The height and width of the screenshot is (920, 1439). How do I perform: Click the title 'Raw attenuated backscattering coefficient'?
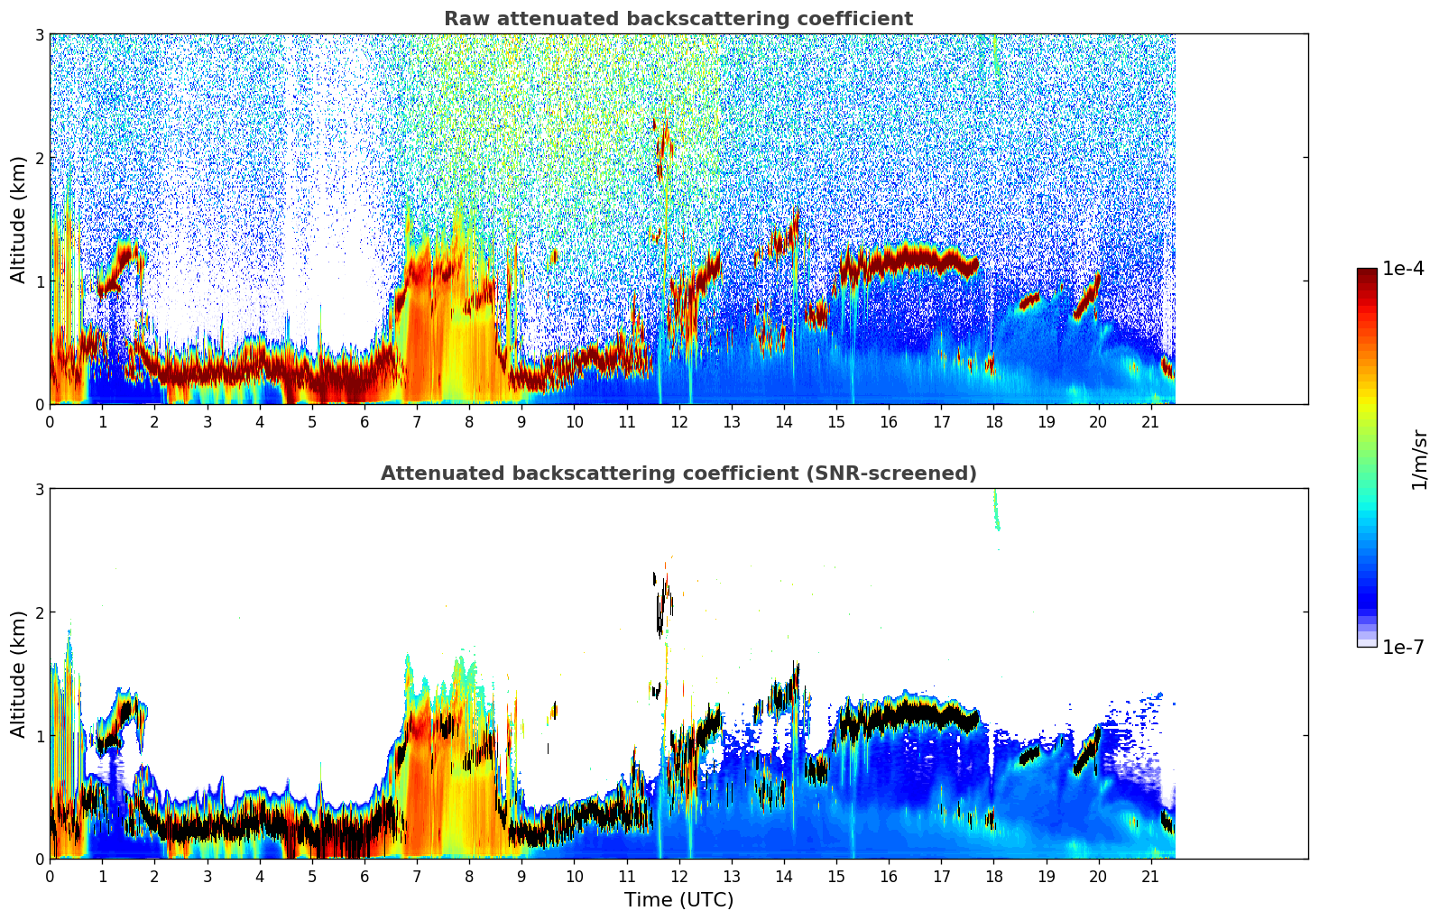click(678, 19)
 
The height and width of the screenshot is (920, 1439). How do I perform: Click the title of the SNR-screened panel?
click(678, 474)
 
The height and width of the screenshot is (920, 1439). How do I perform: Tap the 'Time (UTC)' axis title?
click(678, 900)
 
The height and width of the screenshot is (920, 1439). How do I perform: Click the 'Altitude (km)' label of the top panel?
click(19, 219)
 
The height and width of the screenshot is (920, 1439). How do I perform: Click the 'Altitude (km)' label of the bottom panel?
click(19, 674)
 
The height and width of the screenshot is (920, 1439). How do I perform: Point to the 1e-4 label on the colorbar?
click(1403, 269)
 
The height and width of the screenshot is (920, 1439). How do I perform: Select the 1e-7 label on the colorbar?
click(1403, 647)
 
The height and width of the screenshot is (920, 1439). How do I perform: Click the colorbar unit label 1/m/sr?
click(1419, 458)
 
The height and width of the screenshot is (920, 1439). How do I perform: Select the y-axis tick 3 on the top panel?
click(40, 34)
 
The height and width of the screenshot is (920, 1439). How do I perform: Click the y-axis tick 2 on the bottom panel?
click(40, 612)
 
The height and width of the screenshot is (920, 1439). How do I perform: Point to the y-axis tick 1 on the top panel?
click(40, 281)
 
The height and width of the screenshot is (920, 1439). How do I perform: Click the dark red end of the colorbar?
click(1366, 273)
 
